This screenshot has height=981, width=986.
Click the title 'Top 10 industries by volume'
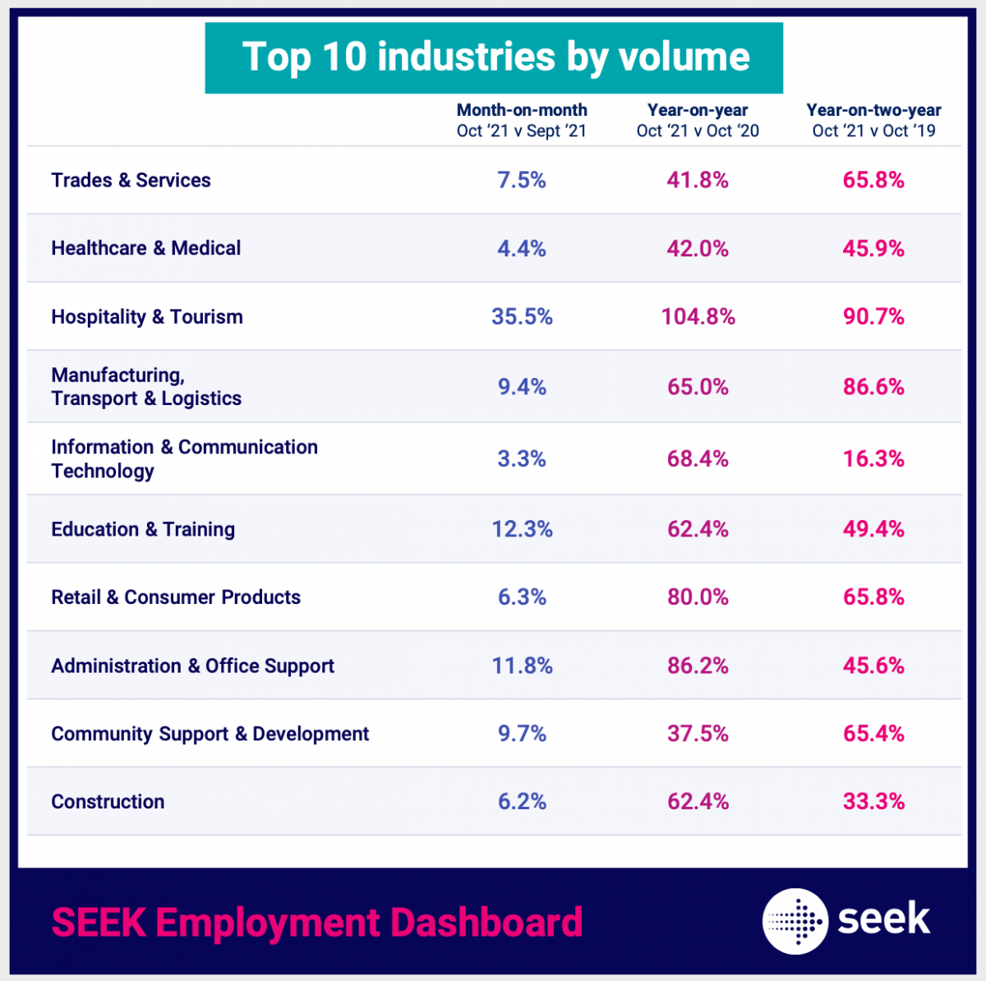tap(495, 58)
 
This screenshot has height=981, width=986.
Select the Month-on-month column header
tap(522, 120)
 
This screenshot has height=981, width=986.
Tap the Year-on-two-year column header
tap(873, 120)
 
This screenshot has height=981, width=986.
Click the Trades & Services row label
tap(131, 180)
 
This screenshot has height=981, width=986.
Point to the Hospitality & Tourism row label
tap(147, 317)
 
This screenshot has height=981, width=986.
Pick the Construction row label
tap(108, 802)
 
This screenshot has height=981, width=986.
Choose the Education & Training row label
tap(143, 529)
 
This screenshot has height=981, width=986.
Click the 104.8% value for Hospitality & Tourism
tap(698, 317)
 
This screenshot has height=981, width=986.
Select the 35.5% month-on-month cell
tap(522, 317)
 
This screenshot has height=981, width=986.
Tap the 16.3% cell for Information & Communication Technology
tap(873, 458)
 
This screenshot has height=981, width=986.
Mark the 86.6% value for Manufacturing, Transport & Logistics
tap(873, 387)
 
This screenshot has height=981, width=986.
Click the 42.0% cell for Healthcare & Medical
tap(698, 249)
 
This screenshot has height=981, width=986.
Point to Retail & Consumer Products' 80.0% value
tap(698, 597)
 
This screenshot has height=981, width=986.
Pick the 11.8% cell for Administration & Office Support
tap(522, 666)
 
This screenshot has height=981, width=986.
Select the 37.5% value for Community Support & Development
tap(698, 734)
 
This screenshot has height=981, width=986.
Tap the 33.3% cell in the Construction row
tap(873, 802)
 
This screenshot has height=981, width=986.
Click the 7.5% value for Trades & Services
tap(522, 180)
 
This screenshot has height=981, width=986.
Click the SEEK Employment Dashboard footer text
tap(317, 922)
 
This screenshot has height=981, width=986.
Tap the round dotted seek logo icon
tap(795, 921)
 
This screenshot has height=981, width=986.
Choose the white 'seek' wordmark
tap(884, 919)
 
